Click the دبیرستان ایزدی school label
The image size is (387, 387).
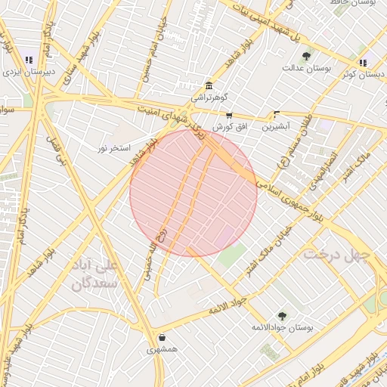28,73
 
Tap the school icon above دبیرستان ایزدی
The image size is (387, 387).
29,60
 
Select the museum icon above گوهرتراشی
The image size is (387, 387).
208,85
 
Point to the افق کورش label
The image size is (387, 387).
228,127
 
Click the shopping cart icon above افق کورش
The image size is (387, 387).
228,116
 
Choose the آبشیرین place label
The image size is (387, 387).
275,127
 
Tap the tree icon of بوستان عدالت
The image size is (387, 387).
306,56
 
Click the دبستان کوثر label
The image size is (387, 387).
363,73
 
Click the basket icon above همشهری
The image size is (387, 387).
163,338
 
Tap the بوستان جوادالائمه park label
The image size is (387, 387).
281,328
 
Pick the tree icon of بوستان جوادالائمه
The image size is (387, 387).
282,316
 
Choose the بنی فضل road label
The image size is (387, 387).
56,150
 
